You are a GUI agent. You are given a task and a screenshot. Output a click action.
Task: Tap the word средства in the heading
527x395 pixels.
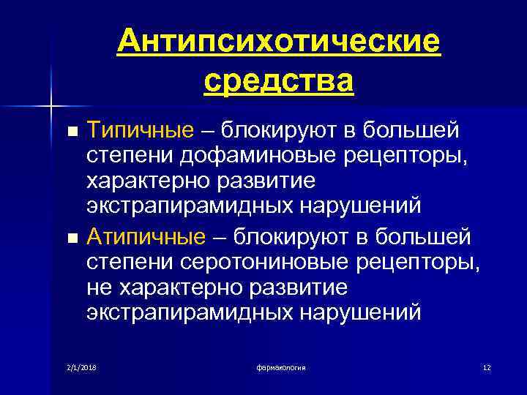point(279,80)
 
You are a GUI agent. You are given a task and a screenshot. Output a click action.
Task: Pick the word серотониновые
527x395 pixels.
point(251,261)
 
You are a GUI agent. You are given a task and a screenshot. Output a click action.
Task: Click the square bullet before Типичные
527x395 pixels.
point(71,132)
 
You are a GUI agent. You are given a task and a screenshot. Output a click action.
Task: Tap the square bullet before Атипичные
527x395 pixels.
point(71,238)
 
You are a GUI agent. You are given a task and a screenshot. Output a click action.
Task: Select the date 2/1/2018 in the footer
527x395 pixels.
point(82,366)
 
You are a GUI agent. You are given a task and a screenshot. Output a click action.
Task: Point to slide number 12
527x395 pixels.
point(487,366)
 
